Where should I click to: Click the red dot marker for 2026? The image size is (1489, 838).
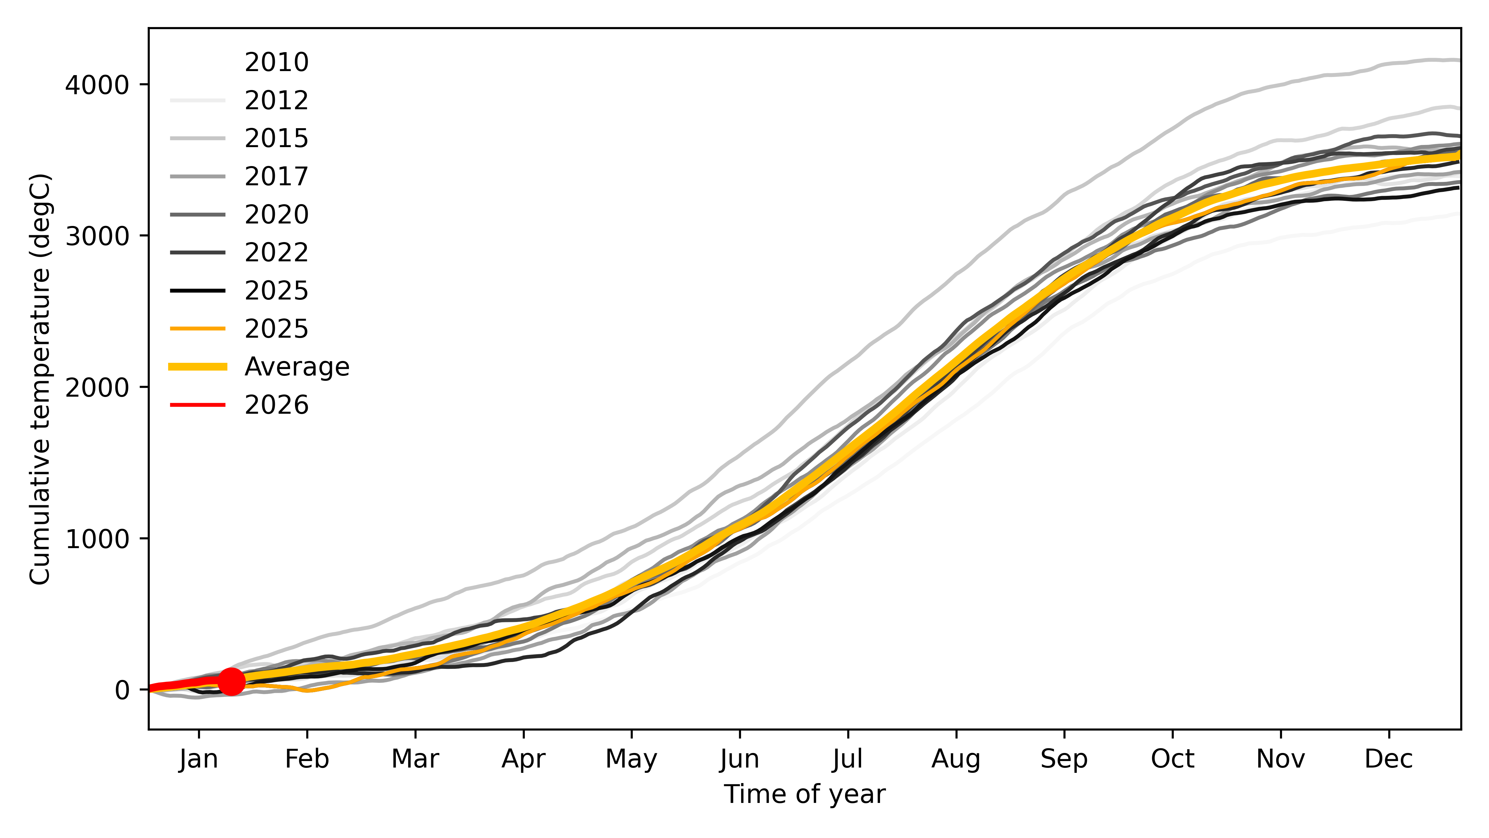click(x=231, y=681)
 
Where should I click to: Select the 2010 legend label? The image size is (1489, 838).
click(x=276, y=62)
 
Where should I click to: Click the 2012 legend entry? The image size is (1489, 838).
click(x=276, y=101)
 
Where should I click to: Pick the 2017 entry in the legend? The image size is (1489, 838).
click(x=276, y=176)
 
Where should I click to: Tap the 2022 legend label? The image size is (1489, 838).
click(x=276, y=253)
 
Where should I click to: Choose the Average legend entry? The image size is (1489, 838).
click(x=297, y=367)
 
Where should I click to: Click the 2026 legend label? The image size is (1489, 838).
click(x=276, y=405)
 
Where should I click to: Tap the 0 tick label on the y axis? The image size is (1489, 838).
click(x=122, y=690)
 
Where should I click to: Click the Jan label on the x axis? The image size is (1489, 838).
click(x=199, y=759)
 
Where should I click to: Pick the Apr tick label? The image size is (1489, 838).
click(x=523, y=759)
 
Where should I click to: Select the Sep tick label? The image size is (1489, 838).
click(x=1064, y=759)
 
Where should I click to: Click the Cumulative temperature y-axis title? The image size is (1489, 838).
click(x=40, y=379)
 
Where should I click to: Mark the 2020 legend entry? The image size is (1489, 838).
click(x=276, y=214)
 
